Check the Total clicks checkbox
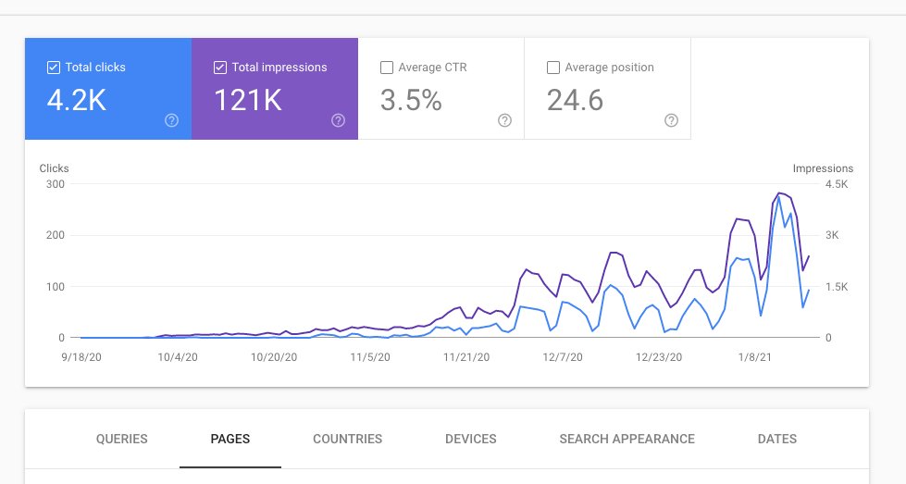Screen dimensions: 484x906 [x=54, y=68]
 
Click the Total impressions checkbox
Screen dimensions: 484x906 [x=220, y=68]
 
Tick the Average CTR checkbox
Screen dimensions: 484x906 [x=387, y=68]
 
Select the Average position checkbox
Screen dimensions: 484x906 [x=553, y=68]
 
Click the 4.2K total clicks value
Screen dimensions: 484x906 [x=77, y=100]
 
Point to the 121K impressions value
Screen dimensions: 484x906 [x=247, y=100]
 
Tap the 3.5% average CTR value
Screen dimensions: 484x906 [x=411, y=100]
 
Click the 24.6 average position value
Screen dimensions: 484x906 [x=575, y=100]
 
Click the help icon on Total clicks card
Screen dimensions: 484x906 [x=171, y=120]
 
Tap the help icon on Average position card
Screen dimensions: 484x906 [x=671, y=120]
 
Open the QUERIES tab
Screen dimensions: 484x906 [x=121, y=440]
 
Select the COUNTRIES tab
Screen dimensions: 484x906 [x=347, y=440]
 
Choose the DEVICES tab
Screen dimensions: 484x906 [x=470, y=440]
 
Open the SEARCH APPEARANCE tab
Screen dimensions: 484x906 [x=627, y=440]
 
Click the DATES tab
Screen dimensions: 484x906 [x=776, y=440]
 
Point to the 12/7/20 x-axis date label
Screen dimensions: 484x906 [x=561, y=356]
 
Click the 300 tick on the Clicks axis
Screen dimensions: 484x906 [x=55, y=184]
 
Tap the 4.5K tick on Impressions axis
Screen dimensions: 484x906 [x=836, y=184]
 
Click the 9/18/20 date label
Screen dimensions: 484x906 [x=81, y=356]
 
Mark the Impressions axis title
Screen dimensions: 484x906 [x=823, y=168]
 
